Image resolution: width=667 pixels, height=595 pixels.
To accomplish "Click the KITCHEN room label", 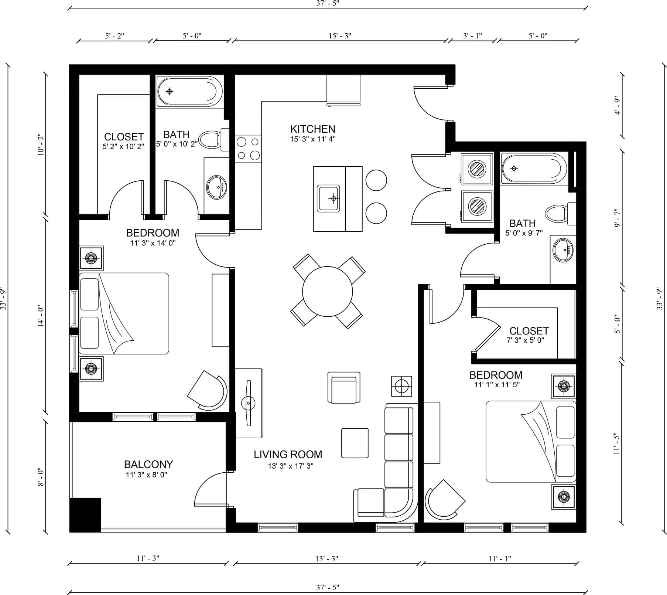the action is coord(312,129).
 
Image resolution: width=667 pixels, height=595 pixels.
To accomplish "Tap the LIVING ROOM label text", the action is coord(288,454).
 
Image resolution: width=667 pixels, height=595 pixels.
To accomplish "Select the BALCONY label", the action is coord(148,464).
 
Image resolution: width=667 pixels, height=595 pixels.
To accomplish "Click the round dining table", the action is coord(327,292).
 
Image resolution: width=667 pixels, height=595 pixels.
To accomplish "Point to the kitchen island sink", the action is coord(329,198).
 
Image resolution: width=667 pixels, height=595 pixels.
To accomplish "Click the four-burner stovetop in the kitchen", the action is coord(248,148).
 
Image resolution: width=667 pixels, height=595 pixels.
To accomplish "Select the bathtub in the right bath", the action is coord(534,169).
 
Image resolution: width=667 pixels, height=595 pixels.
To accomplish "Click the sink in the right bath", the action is coord(563,250).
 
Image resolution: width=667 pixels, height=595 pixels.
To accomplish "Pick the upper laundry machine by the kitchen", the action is coord(477,169).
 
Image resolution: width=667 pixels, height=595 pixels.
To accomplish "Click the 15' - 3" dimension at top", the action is coord(340,35).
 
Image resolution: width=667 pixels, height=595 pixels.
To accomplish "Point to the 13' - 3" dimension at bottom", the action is coord(326,558).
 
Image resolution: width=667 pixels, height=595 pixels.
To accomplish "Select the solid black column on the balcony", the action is coord(85,515).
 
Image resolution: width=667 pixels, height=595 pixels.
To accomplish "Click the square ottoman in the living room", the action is coord(355,443).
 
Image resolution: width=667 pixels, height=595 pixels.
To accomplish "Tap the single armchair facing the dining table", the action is coord(343,387).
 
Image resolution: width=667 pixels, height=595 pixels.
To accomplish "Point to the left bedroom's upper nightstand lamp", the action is coord(91,258).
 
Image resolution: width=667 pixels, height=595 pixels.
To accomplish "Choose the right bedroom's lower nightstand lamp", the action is coord(564,497).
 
